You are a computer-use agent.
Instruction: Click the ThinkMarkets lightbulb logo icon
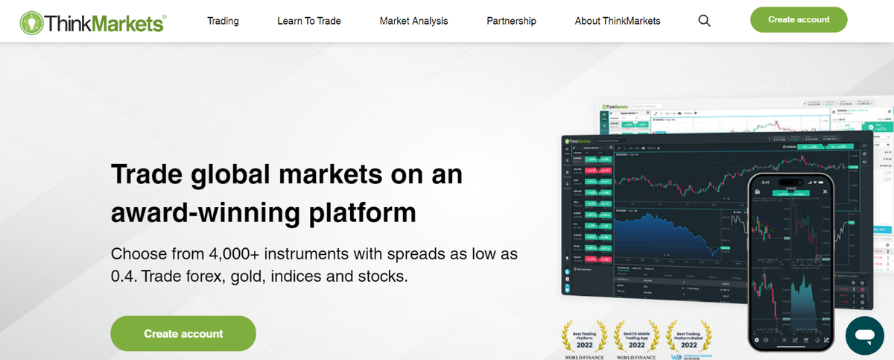31,22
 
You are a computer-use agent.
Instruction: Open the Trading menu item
223,21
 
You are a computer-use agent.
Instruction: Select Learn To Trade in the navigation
308,21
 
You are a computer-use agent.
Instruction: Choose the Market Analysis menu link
413,21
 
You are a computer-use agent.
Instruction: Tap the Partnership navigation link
511,21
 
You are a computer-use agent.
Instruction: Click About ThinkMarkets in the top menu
617,21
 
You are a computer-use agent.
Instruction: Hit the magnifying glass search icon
704,21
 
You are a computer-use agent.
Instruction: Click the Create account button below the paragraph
183,333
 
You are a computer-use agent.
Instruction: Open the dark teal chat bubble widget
864,335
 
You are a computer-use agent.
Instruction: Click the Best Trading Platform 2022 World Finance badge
585,339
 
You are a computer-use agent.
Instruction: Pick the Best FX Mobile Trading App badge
636,339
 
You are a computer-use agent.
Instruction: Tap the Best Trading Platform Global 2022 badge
688,339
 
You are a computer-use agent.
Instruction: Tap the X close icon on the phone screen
825,192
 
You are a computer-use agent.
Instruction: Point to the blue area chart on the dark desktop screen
670,235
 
